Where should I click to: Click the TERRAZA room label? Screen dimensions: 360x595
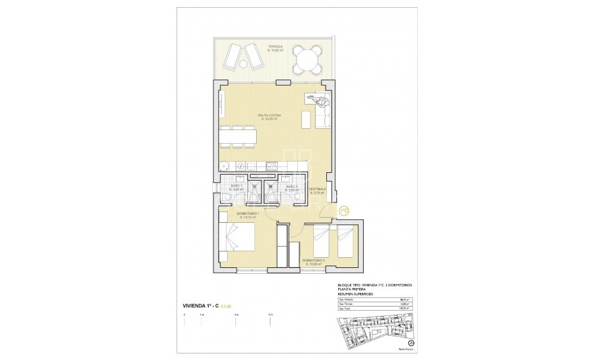tap(275, 46)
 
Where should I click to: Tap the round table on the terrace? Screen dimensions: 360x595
tap(304, 59)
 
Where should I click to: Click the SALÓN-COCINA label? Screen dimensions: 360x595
tap(269, 115)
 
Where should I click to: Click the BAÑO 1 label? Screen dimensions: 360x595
tap(237, 187)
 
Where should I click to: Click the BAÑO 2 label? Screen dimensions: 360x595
tap(291, 187)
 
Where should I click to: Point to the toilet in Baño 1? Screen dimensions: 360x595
tap(254, 185)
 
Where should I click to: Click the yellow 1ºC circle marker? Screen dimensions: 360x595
tap(344, 210)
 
